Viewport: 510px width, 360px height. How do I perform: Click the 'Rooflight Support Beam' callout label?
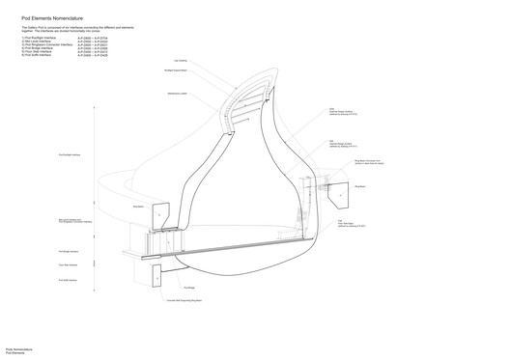(176, 72)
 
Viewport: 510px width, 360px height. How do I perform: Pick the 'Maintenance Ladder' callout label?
(178, 94)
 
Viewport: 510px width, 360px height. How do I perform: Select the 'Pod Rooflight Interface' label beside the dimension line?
(71, 154)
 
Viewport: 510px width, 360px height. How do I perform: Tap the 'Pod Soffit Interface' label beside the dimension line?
(69, 280)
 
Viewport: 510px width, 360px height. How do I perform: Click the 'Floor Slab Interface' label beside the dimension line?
(69, 264)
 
